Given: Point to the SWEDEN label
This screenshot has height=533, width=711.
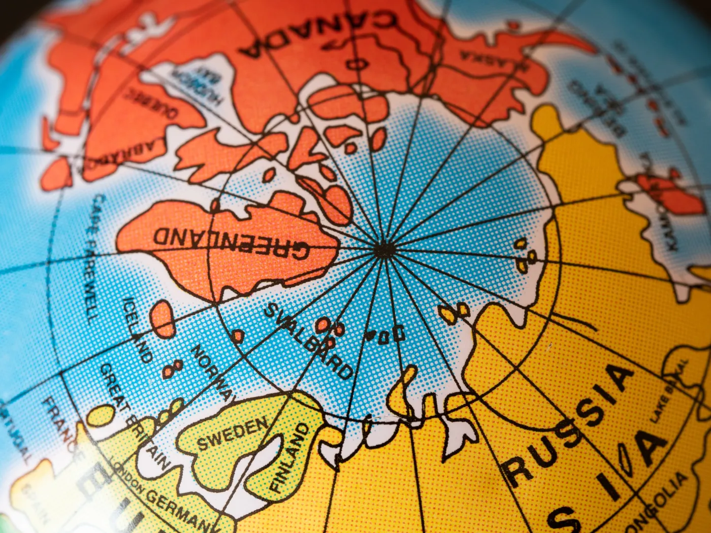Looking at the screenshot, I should [232, 434].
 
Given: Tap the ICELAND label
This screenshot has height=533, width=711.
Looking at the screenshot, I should [138, 329].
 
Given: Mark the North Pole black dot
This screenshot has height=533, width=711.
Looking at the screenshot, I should [384, 249].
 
